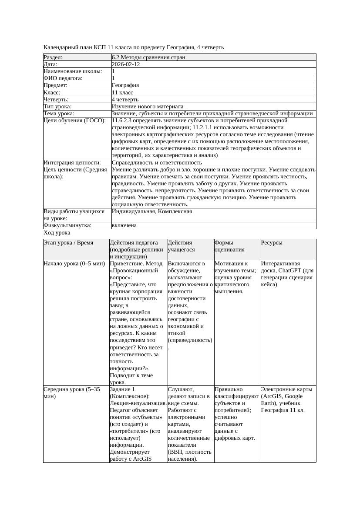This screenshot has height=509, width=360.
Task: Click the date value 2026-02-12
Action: (126, 64)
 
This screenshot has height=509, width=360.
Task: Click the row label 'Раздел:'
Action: (53, 57)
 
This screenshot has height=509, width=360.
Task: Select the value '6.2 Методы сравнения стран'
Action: (148, 57)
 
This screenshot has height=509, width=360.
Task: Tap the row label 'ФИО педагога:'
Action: (63, 78)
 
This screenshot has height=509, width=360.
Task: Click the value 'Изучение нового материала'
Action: (148, 106)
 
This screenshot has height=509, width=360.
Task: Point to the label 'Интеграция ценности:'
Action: (72, 162)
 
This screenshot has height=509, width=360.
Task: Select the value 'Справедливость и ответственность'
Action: (157, 162)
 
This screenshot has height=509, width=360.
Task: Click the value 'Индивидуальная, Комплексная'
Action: (152, 211)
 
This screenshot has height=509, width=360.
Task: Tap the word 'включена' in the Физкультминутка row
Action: (124, 225)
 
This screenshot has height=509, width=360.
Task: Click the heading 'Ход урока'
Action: (57, 233)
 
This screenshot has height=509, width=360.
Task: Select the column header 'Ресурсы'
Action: (272, 243)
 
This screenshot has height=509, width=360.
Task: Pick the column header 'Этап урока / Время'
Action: (68, 243)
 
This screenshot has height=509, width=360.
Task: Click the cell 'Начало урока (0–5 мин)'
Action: (74, 264)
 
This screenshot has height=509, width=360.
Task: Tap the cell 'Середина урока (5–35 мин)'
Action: (72, 392)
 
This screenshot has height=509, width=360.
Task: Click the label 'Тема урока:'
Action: (59, 114)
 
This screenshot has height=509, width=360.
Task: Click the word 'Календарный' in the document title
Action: (61, 47)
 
